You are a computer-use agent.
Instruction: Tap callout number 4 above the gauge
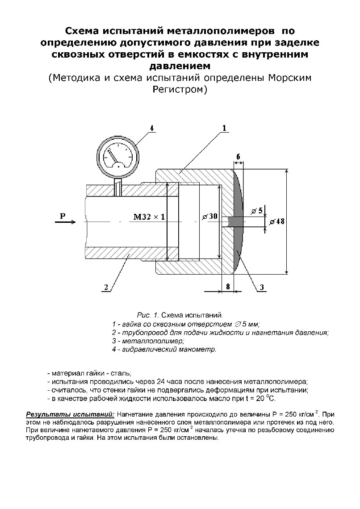152,128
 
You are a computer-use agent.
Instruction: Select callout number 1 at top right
224,128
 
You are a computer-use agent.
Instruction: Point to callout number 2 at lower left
106,287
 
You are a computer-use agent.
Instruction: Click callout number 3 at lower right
262,287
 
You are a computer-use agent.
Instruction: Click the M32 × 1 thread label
149,217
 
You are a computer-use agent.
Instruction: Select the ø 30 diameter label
209,217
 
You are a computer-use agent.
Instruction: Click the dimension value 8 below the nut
228,287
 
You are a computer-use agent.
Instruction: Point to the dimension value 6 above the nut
239,156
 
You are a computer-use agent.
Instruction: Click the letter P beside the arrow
63,217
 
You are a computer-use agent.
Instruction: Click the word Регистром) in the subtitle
180,89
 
